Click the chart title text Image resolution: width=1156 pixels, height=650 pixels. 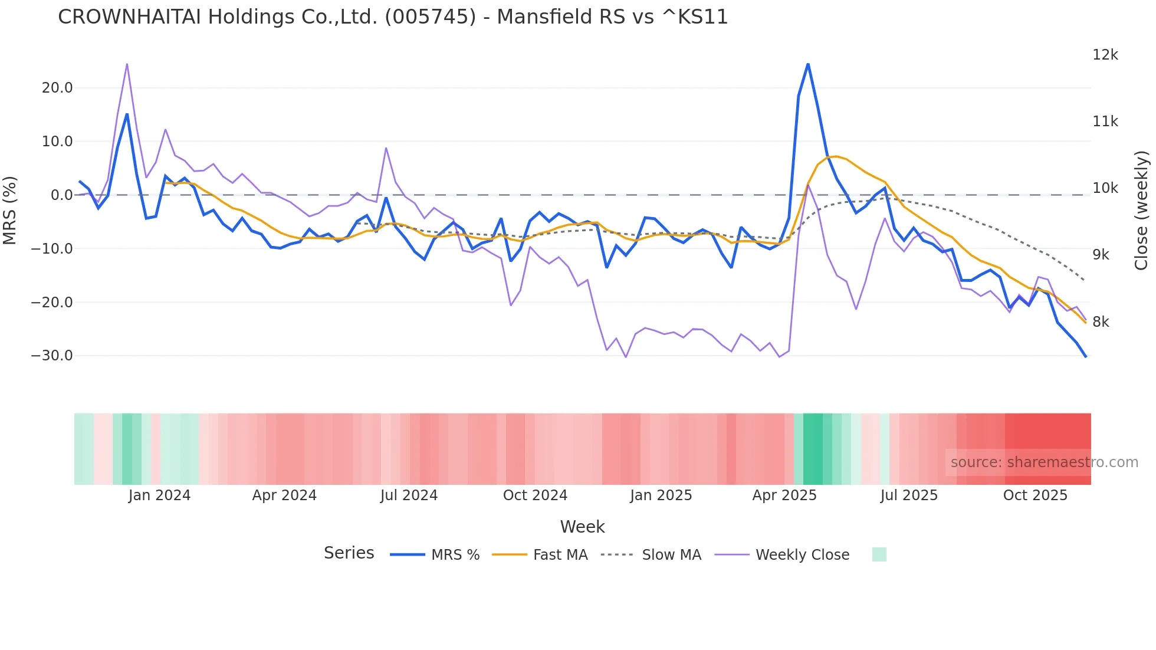pyautogui.click(x=393, y=17)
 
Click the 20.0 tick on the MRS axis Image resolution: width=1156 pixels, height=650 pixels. pyautogui.click(x=57, y=88)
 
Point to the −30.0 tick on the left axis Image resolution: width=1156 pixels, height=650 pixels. pyautogui.click(x=52, y=356)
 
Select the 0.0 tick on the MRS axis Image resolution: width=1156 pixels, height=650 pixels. pyautogui.click(x=61, y=195)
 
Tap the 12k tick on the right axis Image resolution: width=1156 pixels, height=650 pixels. pyautogui.click(x=1105, y=55)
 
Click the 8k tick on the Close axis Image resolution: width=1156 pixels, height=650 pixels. pyautogui.click(x=1101, y=322)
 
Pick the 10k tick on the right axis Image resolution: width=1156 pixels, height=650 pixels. pyautogui.click(x=1105, y=188)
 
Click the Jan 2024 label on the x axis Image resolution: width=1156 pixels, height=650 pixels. pyautogui.click(x=159, y=495)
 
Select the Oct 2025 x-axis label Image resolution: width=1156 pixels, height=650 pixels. pyautogui.click(x=1035, y=495)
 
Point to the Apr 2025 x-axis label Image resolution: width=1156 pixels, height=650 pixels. pyautogui.click(x=784, y=495)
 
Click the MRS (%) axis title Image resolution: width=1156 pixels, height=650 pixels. pyautogui.click(x=9, y=210)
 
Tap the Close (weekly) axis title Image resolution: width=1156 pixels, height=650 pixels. pyautogui.click(x=1141, y=211)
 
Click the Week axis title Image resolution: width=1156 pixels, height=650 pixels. pyautogui.click(x=582, y=527)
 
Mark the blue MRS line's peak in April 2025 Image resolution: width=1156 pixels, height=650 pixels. pyautogui.click(x=807, y=64)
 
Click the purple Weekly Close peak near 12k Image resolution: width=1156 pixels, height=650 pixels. pyautogui.click(x=127, y=64)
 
